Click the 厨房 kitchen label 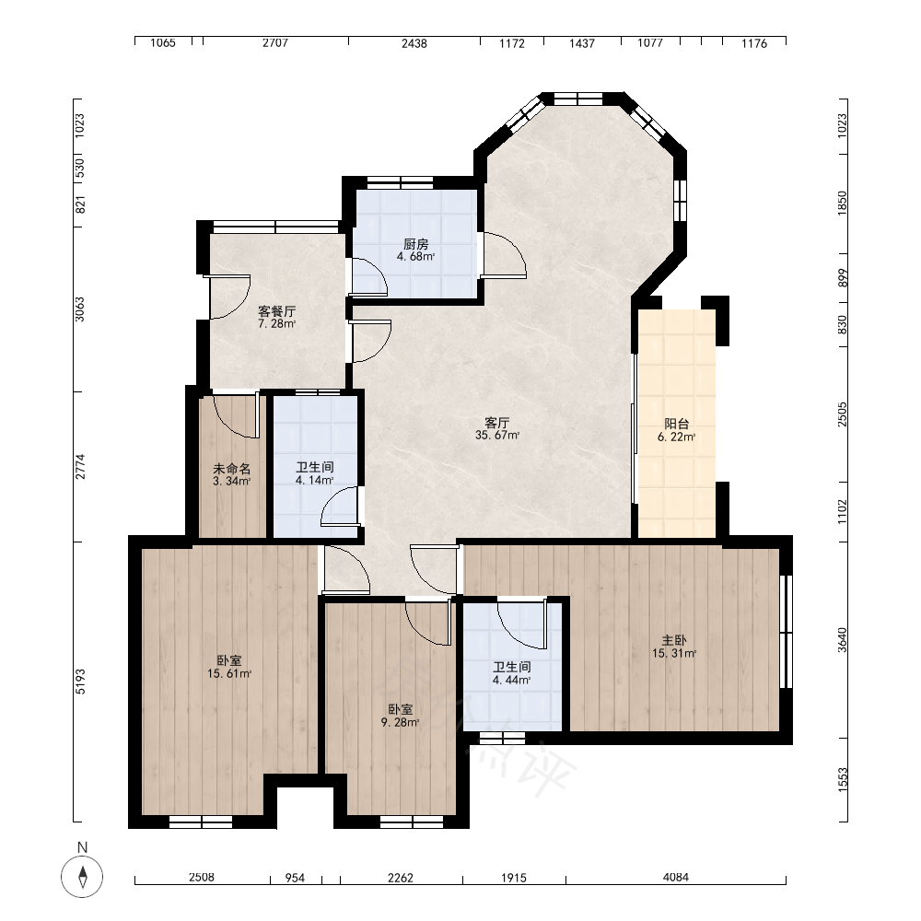coord(416,244)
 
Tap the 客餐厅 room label coord(276,311)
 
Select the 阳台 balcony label coord(677,424)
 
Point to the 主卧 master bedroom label coord(674,640)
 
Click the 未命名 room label coord(231,469)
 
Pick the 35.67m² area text coord(497,436)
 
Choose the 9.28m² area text coord(401,722)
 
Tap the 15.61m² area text coord(229,674)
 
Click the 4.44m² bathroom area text coord(511,681)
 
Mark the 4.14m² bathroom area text coord(314,480)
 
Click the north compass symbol coord(82,877)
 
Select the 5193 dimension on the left coord(80,682)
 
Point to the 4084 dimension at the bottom coord(675,877)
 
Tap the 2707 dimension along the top coord(274,43)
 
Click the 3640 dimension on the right coord(843,640)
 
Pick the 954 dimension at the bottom coord(295,878)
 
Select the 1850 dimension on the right coord(843,203)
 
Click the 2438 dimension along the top coord(414,43)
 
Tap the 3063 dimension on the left coord(80,309)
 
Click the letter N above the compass coord(82,847)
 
